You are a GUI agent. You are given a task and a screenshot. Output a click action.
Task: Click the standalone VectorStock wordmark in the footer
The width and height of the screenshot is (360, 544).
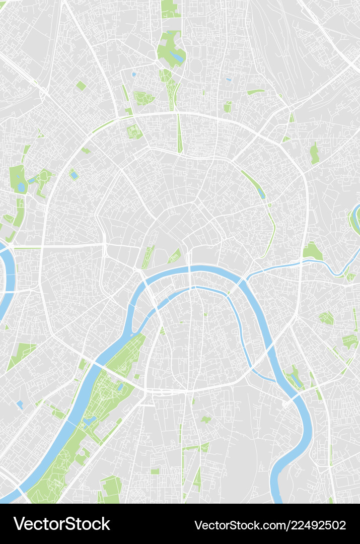62,524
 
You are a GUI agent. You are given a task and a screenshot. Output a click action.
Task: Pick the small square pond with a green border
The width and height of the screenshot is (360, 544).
74,175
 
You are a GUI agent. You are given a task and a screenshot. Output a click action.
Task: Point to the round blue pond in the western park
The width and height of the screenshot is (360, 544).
21,187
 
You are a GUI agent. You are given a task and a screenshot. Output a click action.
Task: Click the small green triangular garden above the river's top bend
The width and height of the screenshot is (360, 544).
175,256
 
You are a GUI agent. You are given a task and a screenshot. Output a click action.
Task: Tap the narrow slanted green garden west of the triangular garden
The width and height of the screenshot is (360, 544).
148,257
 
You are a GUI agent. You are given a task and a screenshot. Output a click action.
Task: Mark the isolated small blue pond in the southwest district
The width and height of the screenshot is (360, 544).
20,404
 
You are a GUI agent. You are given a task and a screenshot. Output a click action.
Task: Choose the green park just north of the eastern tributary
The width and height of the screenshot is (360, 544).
312,251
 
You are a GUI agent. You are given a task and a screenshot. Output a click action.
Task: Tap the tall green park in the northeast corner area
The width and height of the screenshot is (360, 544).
315,153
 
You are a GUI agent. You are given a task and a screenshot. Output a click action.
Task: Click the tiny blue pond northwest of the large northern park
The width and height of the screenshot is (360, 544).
134,74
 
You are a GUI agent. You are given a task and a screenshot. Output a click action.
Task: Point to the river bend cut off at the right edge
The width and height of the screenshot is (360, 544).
355,217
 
